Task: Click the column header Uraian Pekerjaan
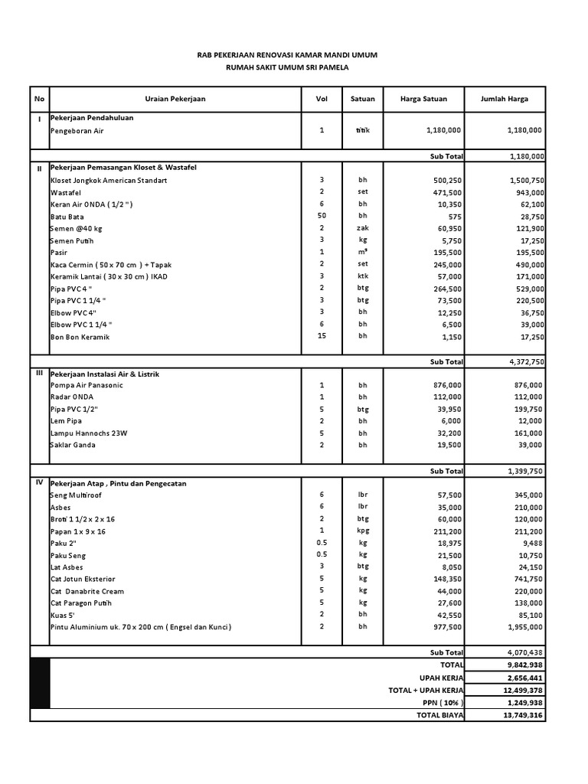point(175,99)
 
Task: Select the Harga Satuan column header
point(423,99)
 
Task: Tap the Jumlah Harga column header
point(504,99)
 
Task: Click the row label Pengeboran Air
point(77,130)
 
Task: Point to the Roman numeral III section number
point(39,373)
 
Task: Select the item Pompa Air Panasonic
point(86,385)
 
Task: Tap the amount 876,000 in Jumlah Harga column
point(527,385)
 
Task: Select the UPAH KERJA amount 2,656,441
point(524,678)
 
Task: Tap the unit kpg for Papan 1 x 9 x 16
point(363,531)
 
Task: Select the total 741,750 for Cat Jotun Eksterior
point(527,579)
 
